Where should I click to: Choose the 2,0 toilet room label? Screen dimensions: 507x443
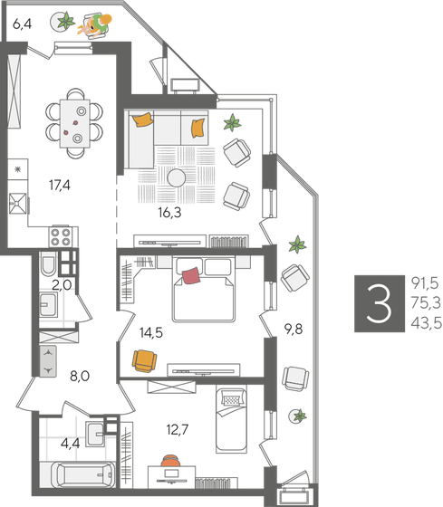(x=61, y=284)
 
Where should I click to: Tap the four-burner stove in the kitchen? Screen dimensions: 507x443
(x=61, y=237)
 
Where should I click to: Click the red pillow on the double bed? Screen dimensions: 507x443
(x=190, y=275)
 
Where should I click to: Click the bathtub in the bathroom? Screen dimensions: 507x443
(x=80, y=474)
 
